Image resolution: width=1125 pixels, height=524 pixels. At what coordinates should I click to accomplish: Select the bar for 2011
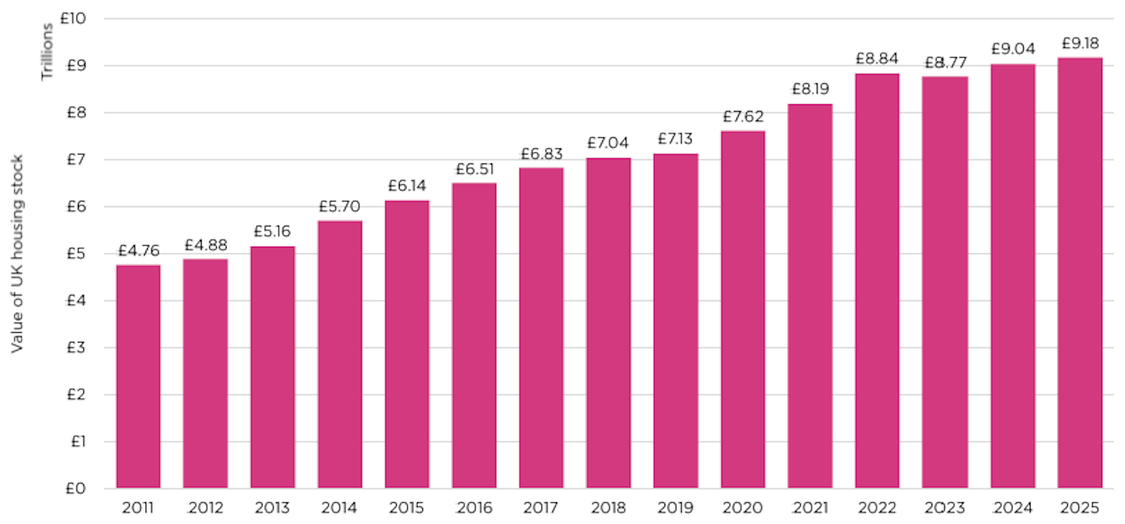pos(138,376)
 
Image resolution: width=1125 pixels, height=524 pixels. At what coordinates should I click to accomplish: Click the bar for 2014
pos(340,355)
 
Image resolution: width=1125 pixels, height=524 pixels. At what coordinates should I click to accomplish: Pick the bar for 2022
pos(877,281)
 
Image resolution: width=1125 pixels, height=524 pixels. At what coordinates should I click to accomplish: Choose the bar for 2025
pos(1079,273)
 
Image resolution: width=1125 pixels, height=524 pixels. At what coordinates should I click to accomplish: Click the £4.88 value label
pos(205,245)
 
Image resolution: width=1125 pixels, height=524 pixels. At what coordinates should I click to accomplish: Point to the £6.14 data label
pos(407,186)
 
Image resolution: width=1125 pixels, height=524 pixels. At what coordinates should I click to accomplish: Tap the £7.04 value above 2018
pos(608,143)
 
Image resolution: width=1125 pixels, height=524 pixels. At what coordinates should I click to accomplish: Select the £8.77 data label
pos(944,63)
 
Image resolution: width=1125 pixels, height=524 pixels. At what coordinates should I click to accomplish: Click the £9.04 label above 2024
pos(1012,49)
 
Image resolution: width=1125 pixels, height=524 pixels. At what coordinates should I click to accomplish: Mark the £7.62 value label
pos(742,117)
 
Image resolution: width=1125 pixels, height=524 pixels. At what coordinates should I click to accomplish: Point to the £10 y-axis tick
pos(76,18)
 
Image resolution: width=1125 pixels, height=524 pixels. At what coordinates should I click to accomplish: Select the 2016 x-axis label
pos(474,508)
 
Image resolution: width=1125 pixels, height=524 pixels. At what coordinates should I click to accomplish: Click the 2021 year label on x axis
pos(810,508)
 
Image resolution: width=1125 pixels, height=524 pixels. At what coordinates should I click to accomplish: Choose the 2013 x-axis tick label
pos(272,508)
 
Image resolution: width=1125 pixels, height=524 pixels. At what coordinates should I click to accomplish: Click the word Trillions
pos(47,52)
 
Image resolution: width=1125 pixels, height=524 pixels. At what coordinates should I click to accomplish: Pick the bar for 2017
pos(541,328)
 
